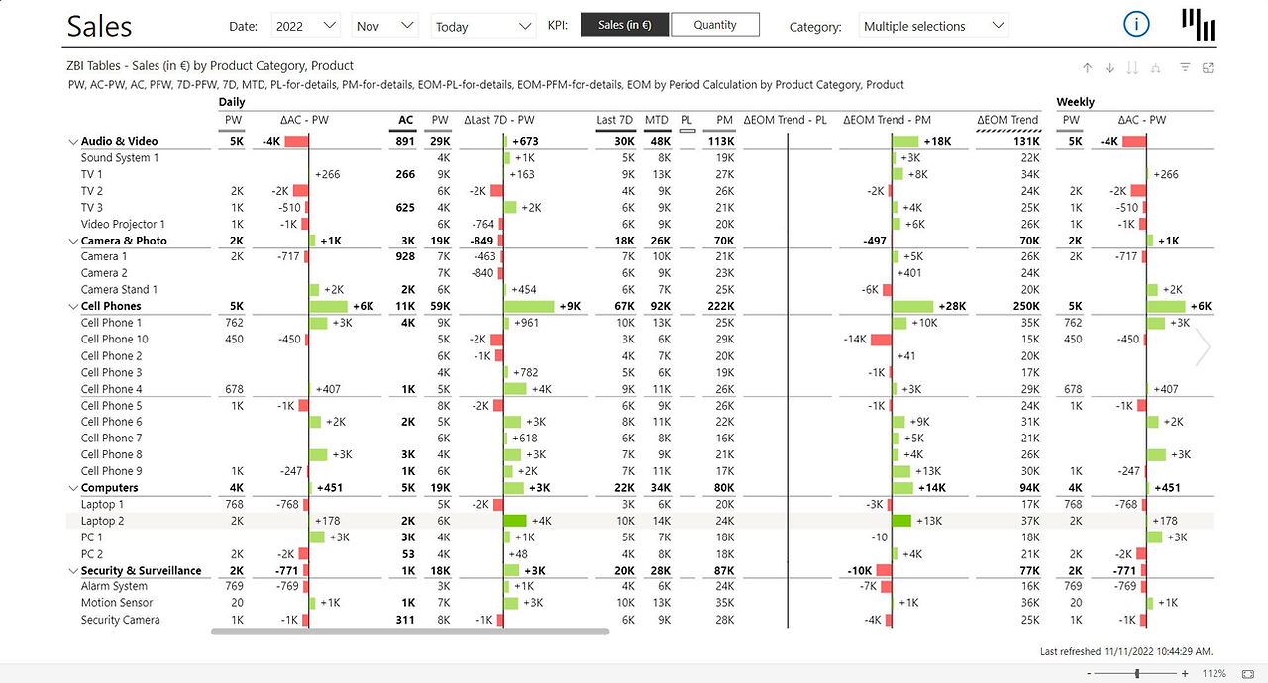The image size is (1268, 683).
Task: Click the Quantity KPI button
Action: pos(715,25)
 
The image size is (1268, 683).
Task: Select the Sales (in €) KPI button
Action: pos(625,25)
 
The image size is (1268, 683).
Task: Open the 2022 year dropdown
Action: pos(306,26)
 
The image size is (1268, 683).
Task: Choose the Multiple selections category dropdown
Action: pos(933,26)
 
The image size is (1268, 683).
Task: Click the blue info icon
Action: pos(1136,25)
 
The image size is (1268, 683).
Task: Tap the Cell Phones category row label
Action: pos(111,306)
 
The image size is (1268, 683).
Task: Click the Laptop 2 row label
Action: pos(102,521)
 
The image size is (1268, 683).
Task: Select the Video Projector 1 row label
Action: pos(123,224)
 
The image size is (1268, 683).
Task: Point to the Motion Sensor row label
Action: pos(117,603)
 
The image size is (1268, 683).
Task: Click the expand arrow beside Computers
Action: pos(73,488)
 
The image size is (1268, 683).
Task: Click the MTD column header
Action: pos(657,120)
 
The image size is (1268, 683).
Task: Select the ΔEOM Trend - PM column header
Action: pos(887,120)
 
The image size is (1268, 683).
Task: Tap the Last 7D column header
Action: pos(614,120)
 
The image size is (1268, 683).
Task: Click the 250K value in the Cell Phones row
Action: pos(1026,306)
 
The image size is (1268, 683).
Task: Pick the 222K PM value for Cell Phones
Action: pos(720,306)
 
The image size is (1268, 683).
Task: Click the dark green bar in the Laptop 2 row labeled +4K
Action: pos(515,521)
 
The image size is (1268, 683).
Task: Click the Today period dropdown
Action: pos(483,26)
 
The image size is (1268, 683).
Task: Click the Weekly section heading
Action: pos(1075,102)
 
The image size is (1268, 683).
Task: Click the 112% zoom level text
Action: pos(1214,673)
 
